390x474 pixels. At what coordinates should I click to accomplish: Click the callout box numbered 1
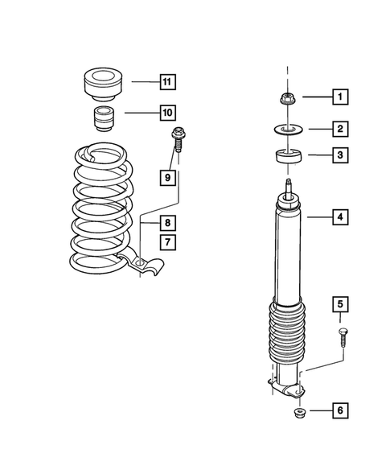[x=339, y=98]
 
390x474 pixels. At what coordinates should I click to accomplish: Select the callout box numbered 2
[x=339, y=128]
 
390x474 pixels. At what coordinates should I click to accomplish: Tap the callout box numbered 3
[x=339, y=155]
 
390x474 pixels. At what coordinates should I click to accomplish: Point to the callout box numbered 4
[x=339, y=216]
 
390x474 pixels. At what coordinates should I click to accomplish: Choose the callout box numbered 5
[x=339, y=304]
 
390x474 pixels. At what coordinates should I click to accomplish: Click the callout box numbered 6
[x=339, y=411]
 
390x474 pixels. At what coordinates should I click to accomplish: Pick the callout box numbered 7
[x=167, y=241]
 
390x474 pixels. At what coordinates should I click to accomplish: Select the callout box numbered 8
[x=167, y=223]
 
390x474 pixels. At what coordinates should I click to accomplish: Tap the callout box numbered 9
[x=167, y=176]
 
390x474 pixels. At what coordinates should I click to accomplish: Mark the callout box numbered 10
[x=167, y=112]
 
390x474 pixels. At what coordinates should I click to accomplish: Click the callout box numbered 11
[x=167, y=82]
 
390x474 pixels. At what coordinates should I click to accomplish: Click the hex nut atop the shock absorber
[x=289, y=99]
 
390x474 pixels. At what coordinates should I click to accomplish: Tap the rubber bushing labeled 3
[x=289, y=156]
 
